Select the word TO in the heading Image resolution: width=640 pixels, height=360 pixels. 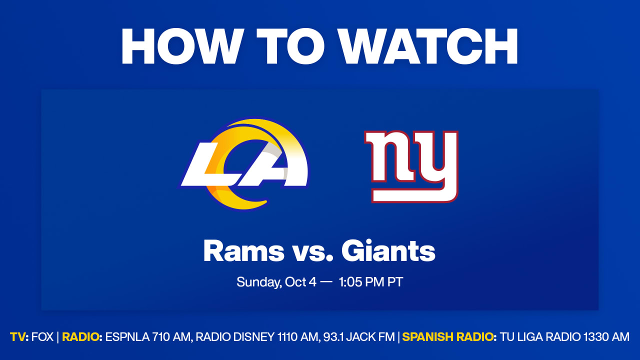[x=290, y=46]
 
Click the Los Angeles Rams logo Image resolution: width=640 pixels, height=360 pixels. [x=245, y=164]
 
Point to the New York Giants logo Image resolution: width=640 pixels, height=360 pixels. [x=411, y=166]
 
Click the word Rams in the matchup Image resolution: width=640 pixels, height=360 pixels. [x=243, y=251]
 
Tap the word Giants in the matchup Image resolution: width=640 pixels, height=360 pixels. [x=388, y=250]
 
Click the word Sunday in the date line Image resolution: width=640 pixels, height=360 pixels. [x=259, y=282]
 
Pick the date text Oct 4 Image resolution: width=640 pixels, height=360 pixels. [x=300, y=282]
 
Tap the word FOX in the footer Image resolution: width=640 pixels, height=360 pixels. [x=42, y=337]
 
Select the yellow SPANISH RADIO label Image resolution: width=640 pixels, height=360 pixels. [x=447, y=337]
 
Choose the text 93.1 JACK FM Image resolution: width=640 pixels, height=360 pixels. [x=359, y=337]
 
